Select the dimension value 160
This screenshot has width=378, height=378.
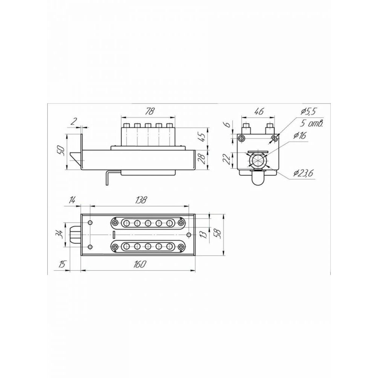[x=139, y=265]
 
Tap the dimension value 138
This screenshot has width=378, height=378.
[x=141, y=200]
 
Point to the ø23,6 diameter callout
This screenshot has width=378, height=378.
[x=304, y=173]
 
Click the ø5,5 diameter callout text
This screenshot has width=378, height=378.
[x=308, y=112]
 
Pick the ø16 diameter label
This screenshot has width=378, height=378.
[x=300, y=136]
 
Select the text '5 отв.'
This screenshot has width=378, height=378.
[x=311, y=124]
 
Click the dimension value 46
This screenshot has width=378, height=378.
[x=259, y=112]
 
